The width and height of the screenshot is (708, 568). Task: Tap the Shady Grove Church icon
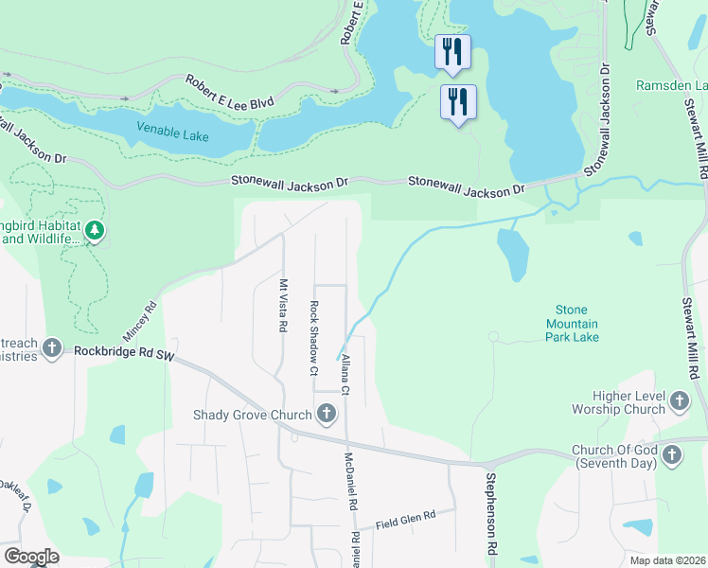coord(327,414)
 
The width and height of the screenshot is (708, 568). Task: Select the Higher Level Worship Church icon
coord(679,402)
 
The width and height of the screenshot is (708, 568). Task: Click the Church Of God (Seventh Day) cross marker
coord(671,456)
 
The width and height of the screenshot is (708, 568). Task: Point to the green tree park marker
coord(94,230)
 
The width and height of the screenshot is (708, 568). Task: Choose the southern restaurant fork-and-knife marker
coord(458,101)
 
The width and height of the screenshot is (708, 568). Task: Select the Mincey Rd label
coord(139,323)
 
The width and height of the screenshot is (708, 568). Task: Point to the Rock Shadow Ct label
coord(313,338)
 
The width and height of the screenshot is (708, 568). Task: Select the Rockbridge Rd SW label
coord(125,353)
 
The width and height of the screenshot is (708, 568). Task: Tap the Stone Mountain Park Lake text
coord(577,323)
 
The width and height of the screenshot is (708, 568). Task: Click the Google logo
coord(31,557)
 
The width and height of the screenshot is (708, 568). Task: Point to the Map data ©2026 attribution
coord(667,560)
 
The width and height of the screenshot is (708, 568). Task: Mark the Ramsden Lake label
coord(672,85)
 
